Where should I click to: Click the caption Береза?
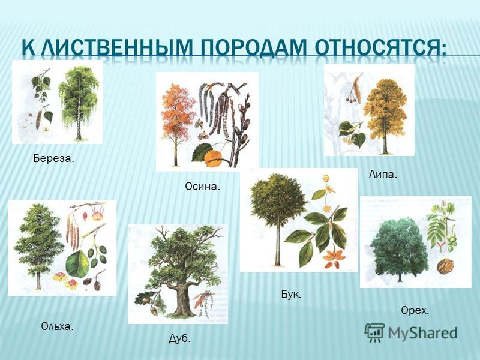click(x=53, y=158)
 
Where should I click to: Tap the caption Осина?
click(x=203, y=187)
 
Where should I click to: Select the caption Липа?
click(x=383, y=175)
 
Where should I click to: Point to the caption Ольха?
click(x=57, y=326)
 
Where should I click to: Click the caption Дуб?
click(x=179, y=338)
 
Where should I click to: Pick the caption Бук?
click(x=291, y=295)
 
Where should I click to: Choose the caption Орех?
click(x=415, y=311)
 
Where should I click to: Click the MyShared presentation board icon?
click(x=374, y=332)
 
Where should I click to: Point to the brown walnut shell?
click(x=445, y=266)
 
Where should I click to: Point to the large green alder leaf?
click(x=77, y=263)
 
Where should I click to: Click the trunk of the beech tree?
click(x=278, y=242)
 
